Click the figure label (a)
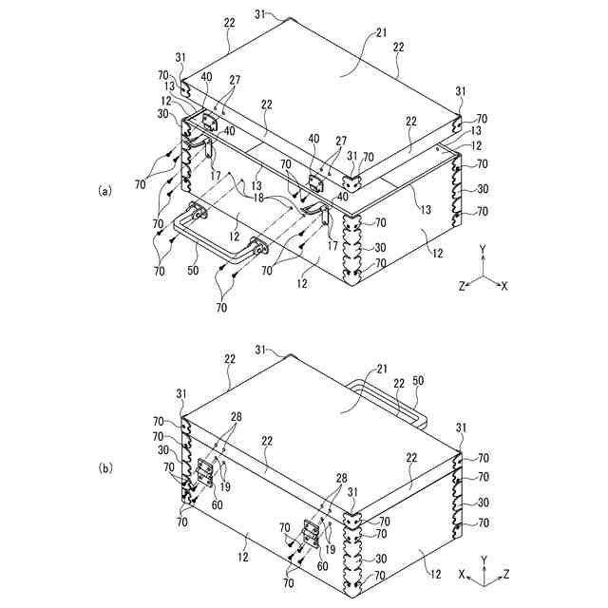(x=105, y=190)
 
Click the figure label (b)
(x=105, y=467)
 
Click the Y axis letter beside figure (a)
(x=483, y=249)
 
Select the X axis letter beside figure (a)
(x=504, y=286)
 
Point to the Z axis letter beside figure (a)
(x=463, y=286)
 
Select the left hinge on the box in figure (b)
(x=203, y=473)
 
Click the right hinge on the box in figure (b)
(x=310, y=534)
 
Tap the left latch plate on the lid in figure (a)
(x=209, y=118)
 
